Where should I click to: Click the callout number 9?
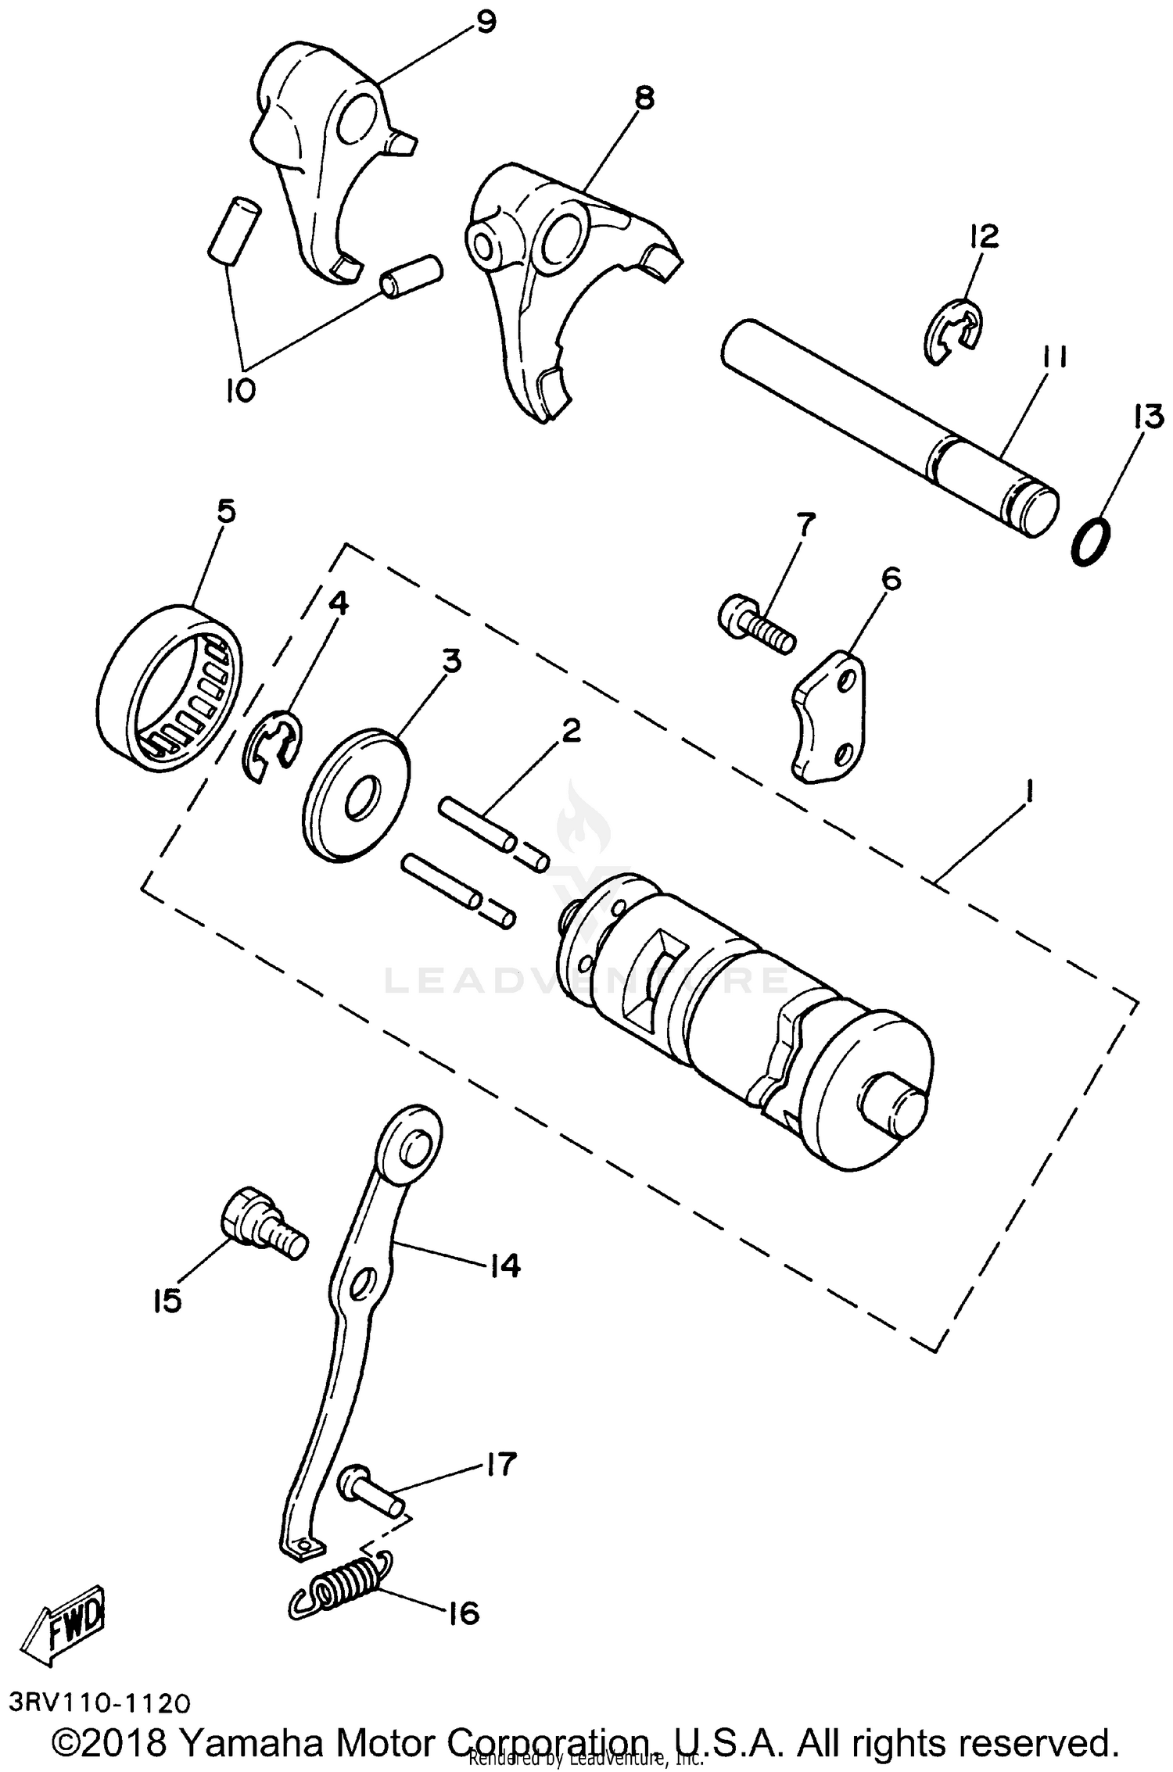[x=486, y=21]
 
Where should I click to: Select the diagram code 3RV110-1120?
[x=100, y=1703]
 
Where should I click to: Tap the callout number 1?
[x=1030, y=795]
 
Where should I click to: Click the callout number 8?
[x=645, y=98]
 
